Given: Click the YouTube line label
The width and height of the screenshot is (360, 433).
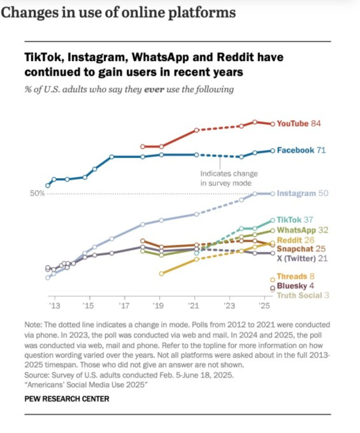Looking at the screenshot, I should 292,123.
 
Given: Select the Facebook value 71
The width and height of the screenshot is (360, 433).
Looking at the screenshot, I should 321,150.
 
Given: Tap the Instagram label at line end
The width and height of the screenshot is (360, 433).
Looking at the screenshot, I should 296,194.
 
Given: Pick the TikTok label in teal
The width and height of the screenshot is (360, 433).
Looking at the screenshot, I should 289,219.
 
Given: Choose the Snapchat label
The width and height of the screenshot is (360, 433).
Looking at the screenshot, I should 294,249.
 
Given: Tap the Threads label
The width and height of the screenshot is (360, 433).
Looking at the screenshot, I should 291,277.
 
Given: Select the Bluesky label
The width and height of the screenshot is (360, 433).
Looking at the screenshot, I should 292,286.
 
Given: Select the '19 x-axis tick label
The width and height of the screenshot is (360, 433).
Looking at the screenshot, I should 159,305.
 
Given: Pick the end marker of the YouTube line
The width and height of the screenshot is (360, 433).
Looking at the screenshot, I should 272,124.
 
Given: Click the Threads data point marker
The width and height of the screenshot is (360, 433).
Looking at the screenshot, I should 272,280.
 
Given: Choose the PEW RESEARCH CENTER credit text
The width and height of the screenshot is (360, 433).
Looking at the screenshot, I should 67,399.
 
